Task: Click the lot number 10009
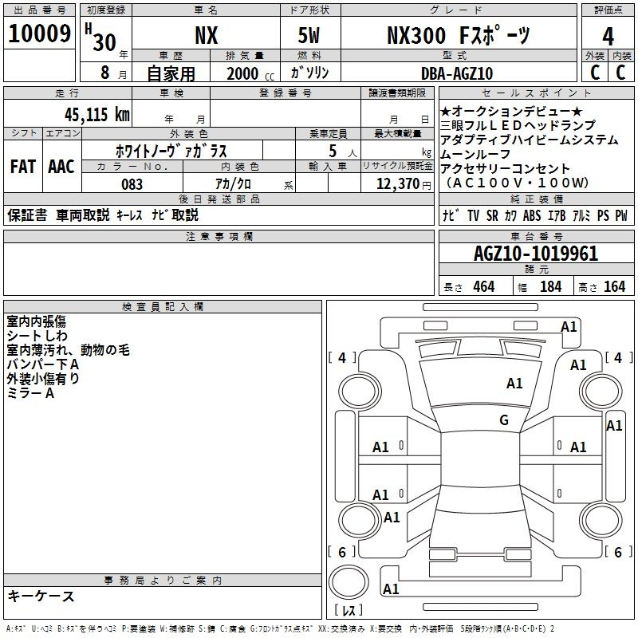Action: point(39,33)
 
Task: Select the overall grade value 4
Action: point(608,37)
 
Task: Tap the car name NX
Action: point(207,35)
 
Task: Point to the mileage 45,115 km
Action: point(96,114)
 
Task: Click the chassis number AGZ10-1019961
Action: point(536,254)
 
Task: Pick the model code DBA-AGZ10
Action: point(457,73)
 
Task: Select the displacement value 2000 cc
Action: point(250,73)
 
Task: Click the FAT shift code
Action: point(23,167)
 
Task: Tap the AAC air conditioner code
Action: point(61,167)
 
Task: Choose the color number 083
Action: point(132,184)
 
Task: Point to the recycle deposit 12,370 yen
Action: point(404,184)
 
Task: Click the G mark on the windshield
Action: point(504,420)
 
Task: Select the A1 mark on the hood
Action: point(514,384)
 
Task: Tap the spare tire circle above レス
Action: point(349,582)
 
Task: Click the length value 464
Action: point(484,286)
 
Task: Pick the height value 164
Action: point(614,286)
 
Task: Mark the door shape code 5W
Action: point(309,35)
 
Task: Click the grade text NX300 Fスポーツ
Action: point(459,35)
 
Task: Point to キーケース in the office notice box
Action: point(41,596)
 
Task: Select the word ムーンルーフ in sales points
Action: point(475,154)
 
